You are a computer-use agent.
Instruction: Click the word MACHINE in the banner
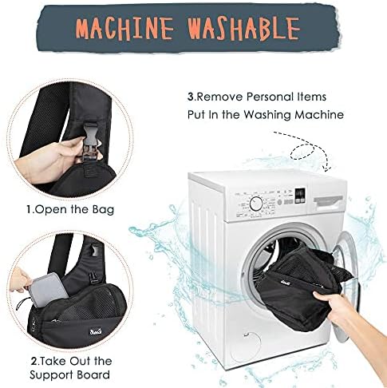coord(124,28)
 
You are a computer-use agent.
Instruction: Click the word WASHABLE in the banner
coord(244,28)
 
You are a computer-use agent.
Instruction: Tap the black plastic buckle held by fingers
coord(91,141)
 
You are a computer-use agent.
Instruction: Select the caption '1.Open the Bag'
coord(70,209)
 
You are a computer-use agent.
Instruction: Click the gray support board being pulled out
coord(51,289)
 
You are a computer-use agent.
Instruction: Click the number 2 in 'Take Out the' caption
coord(34,362)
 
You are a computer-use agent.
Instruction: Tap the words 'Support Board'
coord(69,375)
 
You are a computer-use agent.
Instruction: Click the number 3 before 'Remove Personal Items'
coord(191,97)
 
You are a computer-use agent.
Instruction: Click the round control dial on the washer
coord(256,204)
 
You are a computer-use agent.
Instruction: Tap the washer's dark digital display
coord(300,195)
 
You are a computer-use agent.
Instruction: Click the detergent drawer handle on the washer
coord(328,201)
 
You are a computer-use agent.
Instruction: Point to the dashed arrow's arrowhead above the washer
coord(328,168)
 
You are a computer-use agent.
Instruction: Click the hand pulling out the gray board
coord(21,280)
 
